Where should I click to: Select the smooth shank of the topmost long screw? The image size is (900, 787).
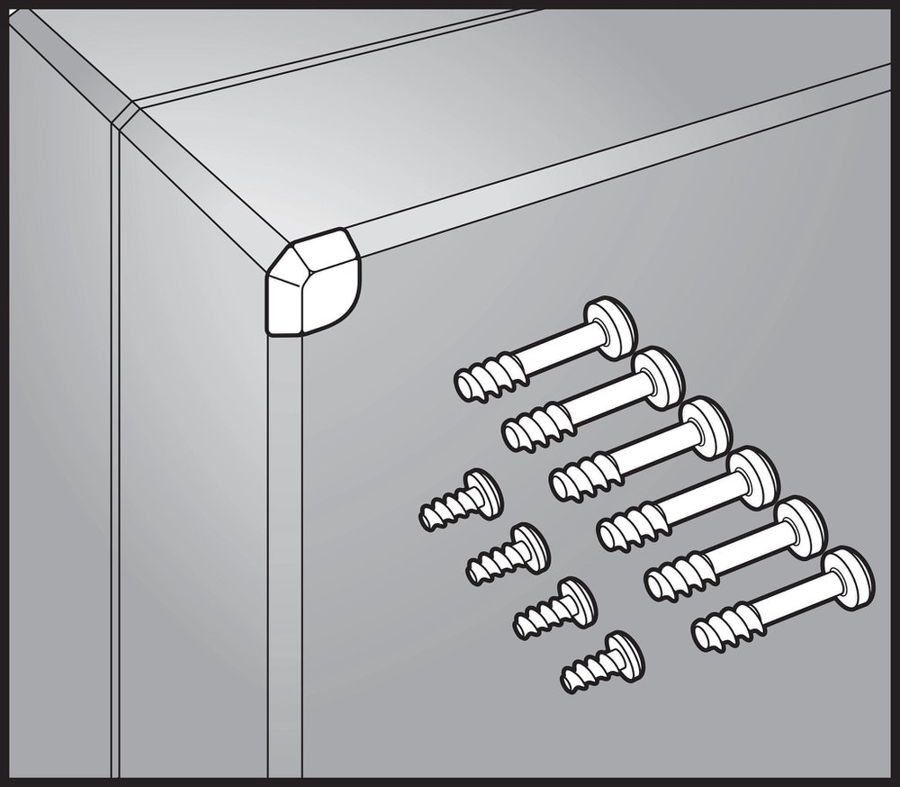549,351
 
